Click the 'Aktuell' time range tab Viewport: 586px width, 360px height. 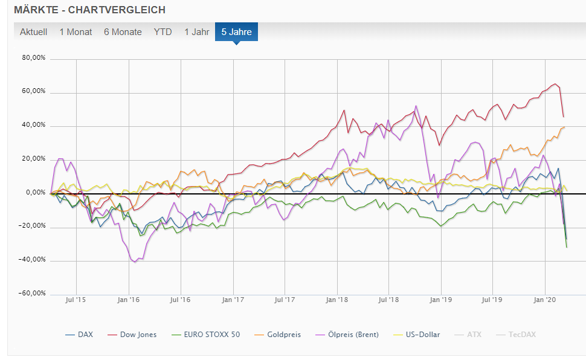point(33,32)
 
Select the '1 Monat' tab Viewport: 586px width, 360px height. point(76,32)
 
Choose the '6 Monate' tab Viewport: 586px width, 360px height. point(123,32)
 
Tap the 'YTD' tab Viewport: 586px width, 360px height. point(163,32)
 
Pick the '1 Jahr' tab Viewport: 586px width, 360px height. point(196,32)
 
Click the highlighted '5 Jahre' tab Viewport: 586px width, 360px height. point(236,32)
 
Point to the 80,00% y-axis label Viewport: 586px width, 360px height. point(34,58)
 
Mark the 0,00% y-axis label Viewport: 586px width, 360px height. point(36,192)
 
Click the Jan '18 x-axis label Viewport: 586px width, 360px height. point(337,299)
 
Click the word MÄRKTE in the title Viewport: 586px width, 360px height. point(35,10)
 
